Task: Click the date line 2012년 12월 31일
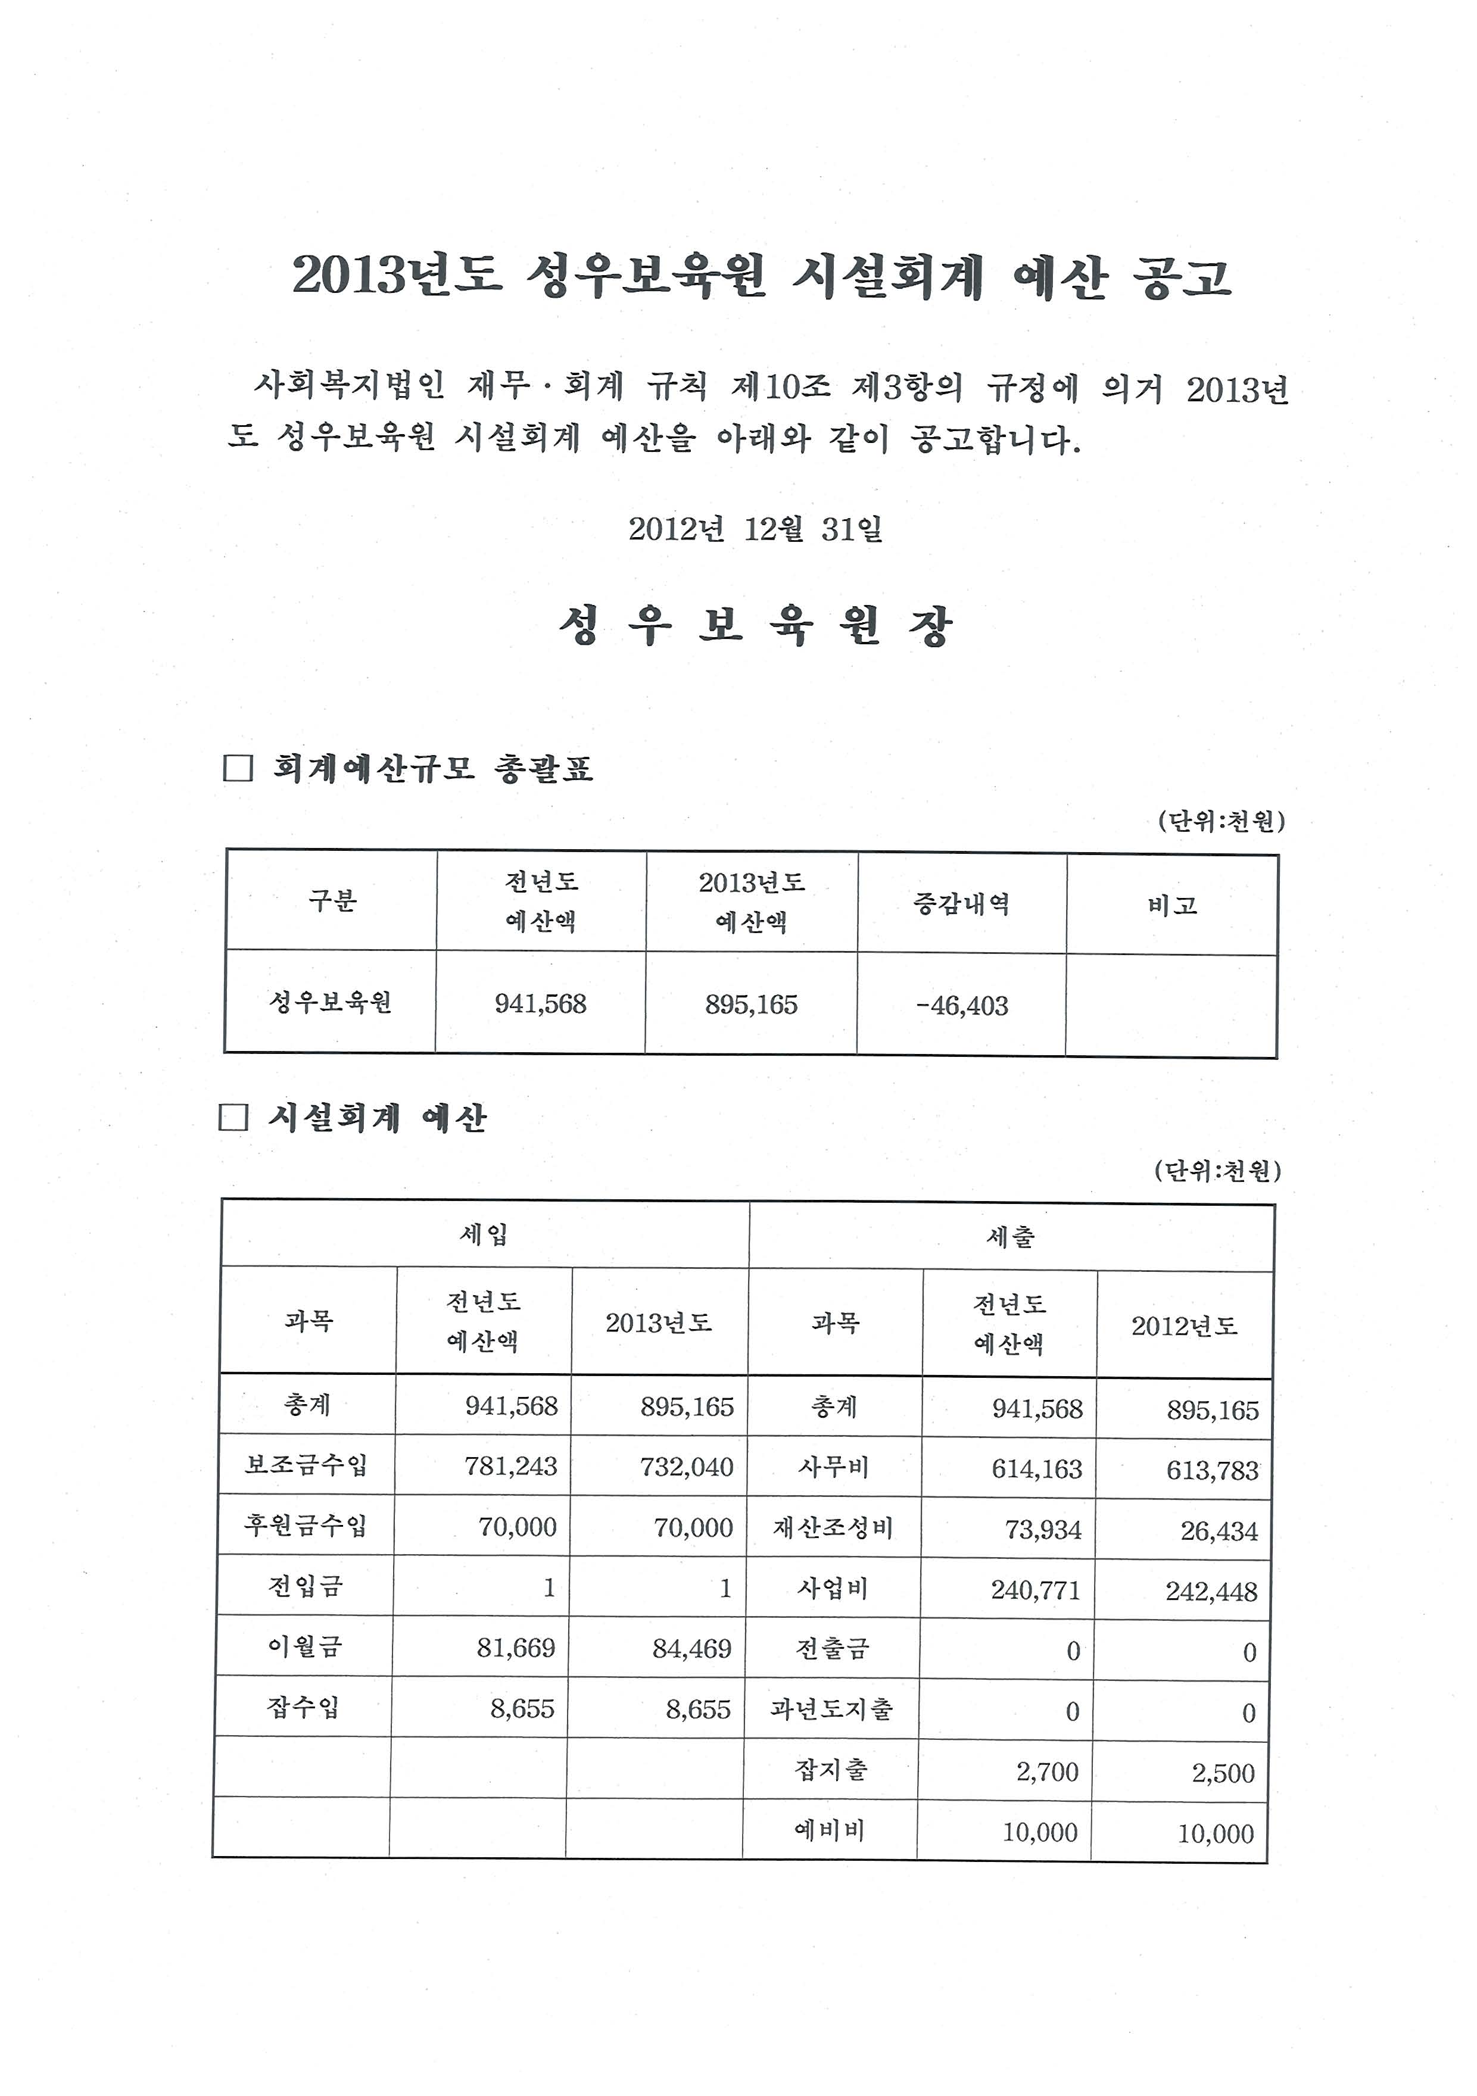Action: click(x=755, y=529)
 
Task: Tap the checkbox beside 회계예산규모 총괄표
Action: click(x=238, y=768)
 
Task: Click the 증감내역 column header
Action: click(x=961, y=904)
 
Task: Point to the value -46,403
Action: click(x=961, y=1006)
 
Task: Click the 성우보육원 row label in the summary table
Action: click(x=331, y=1002)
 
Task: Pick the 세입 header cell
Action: click(x=484, y=1235)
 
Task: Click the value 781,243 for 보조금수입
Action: click(x=510, y=1466)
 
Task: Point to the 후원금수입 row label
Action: click(x=305, y=1526)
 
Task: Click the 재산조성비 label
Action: click(x=833, y=1528)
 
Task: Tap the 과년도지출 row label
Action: click(x=831, y=1709)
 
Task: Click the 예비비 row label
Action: click(x=829, y=1830)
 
